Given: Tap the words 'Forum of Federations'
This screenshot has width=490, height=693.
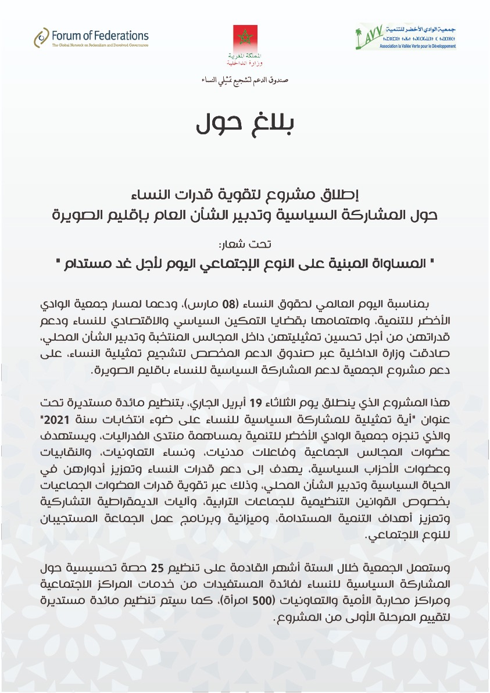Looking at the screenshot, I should [x=99, y=35].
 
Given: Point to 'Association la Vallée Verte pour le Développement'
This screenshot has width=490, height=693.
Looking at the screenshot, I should [x=417, y=47].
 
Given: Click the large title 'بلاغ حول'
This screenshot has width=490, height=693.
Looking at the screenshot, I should [x=244, y=123].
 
